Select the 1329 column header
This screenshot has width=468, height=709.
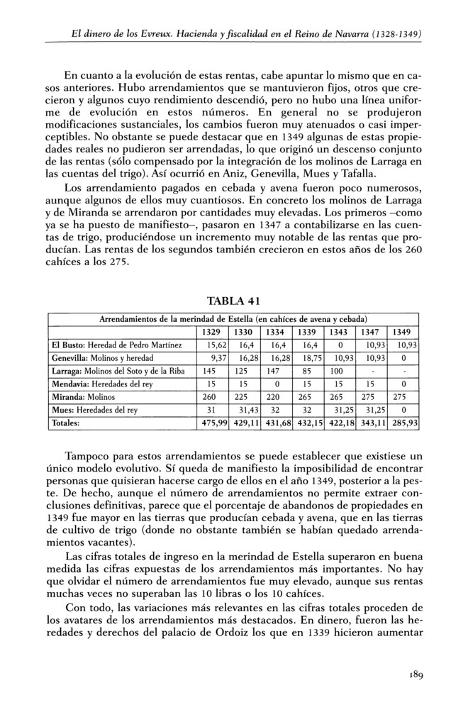click(x=211, y=331)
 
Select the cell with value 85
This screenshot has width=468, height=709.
click(x=306, y=371)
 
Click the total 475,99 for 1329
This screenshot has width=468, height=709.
click(x=211, y=423)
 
